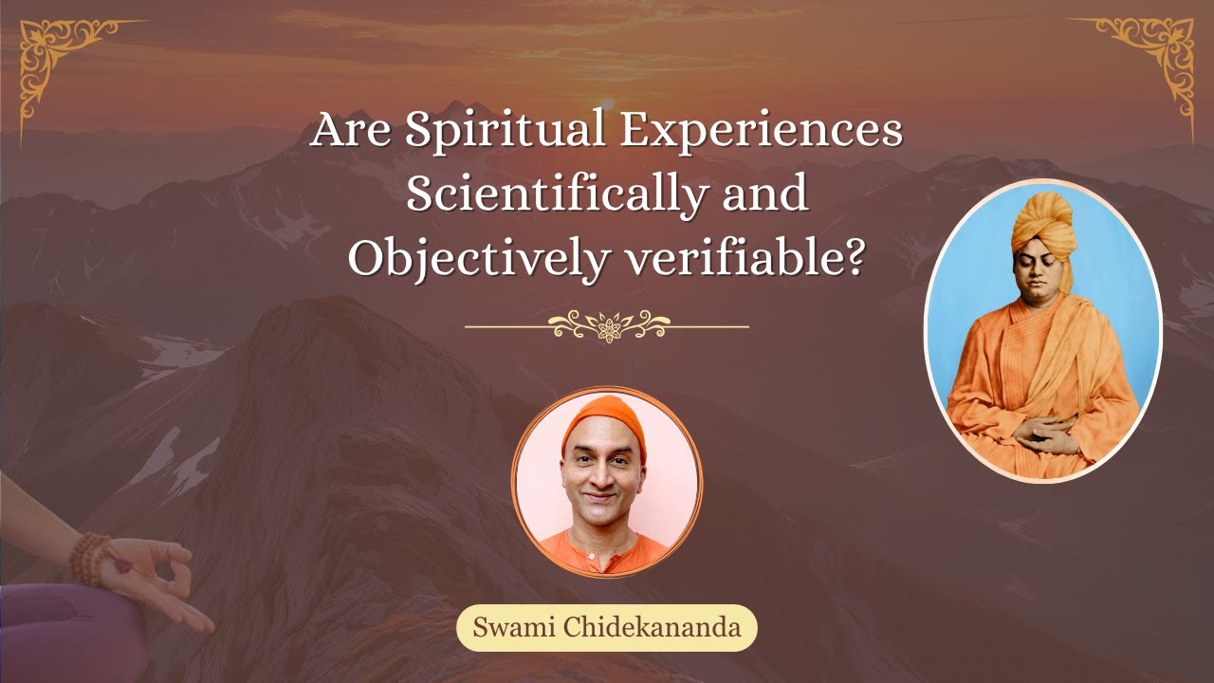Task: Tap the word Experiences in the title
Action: (761, 130)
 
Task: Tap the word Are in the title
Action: (351, 130)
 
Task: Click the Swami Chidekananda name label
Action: (606, 628)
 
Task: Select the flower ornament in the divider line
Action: (608, 326)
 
